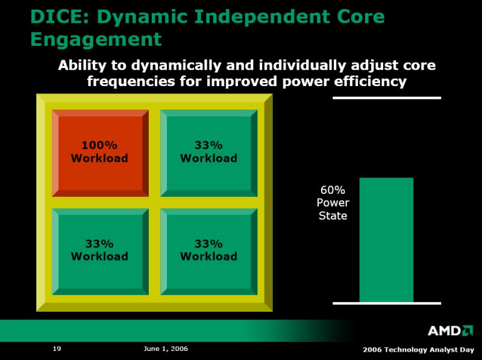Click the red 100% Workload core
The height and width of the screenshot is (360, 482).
click(x=100, y=153)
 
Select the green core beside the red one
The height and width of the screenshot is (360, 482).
click(x=208, y=153)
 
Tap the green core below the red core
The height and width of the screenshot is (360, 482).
click(x=100, y=252)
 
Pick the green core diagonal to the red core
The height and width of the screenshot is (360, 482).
click(x=208, y=252)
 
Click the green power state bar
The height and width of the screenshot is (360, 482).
click(x=386, y=240)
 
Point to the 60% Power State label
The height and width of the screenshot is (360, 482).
click(x=333, y=203)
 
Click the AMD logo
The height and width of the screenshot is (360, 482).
click(x=450, y=331)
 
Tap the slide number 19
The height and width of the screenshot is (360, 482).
click(x=57, y=349)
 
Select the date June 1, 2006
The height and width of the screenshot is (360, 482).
click(x=166, y=349)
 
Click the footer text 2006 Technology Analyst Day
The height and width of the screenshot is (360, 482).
click(x=418, y=350)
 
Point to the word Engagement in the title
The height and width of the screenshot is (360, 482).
click(x=96, y=39)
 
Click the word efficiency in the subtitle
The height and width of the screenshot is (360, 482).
click(x=371, y=82)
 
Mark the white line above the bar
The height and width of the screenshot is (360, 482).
click(x=387, y=98)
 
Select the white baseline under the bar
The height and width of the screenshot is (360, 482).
click(x=387, y=303)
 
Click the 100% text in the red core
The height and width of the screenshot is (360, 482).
click(x=99, y=145)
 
